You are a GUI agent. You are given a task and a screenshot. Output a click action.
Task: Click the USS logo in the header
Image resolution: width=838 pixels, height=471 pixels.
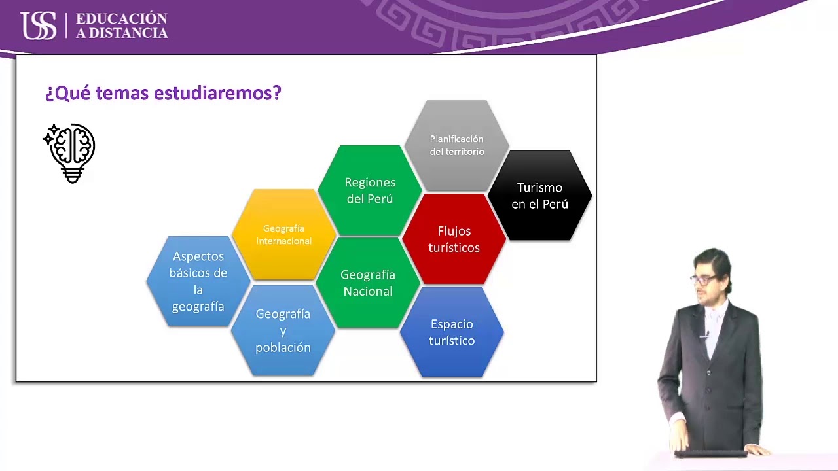(39, 26)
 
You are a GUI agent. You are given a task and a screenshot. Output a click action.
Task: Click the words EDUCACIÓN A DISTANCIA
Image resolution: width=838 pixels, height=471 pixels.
(122, 26)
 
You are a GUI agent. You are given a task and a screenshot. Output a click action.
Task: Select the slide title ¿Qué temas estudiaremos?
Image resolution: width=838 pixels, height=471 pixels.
(163, 93)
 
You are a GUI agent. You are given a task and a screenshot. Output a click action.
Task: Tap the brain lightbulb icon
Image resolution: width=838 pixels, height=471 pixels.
(71, 152)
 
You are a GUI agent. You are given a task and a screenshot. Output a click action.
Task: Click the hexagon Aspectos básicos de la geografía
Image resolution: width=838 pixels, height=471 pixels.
(198, 281)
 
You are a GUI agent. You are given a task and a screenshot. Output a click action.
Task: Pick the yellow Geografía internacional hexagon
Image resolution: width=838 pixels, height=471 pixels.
(283, 234)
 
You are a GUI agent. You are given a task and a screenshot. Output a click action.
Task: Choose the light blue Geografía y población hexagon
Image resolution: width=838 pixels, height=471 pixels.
(283, 330)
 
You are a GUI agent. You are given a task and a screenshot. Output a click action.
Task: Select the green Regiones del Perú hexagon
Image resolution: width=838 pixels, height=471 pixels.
(370, 190)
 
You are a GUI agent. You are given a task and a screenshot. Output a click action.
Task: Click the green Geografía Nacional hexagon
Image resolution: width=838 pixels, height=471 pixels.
(368, 283)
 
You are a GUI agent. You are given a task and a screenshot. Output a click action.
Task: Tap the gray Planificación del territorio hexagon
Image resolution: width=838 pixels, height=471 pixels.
(456, 145)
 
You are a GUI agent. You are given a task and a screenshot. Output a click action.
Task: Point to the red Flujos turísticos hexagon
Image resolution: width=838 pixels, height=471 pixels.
(454, 239)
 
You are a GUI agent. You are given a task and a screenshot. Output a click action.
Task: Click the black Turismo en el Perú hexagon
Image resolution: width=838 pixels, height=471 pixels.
(539, 196)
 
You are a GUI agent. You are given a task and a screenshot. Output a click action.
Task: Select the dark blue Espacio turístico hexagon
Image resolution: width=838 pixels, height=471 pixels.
(452, 332)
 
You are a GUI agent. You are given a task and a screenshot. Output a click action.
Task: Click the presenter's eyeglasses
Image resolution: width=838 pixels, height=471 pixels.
(703, 279)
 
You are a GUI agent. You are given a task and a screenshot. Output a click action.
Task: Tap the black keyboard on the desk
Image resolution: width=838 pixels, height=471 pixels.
(711, 453)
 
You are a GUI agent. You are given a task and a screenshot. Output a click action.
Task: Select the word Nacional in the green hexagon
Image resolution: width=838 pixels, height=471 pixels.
(368, 291)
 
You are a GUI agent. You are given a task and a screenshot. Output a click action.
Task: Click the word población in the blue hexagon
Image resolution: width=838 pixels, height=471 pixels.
(283, 347)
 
